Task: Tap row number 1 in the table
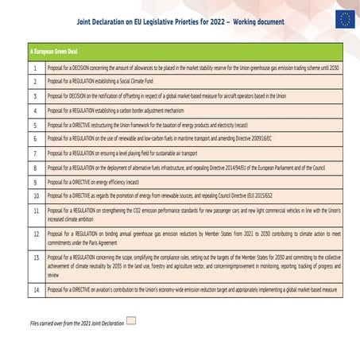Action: pyautogui.click(x=35, y=67)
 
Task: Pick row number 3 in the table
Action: pyautogui.click(x=35, y=95)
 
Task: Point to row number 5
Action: pyautogui.click(x=35, y=125)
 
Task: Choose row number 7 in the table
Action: pyautogui.click(x=35, y=153)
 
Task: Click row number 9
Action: pyautogui.click(x=35, y=181)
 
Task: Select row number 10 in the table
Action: pyautogui.click(x=35, y=195)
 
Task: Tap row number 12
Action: pyautogui.click(x=35, y=235)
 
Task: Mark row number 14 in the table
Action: pyautogui.click(x=35, y=291)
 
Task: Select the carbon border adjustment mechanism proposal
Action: pyautogui.click(x=116, y=110)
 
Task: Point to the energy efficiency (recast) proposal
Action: pyautogui.click(x=93, y=181)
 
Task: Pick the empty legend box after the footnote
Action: pyautogui.click(x=131, y=321)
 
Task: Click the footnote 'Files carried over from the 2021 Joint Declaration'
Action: pyautogui.click(x=76, y=323)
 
